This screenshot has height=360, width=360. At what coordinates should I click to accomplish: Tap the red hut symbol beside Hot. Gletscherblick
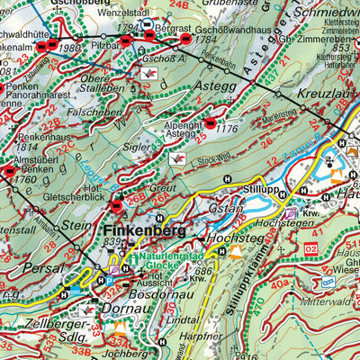(116, 206)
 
